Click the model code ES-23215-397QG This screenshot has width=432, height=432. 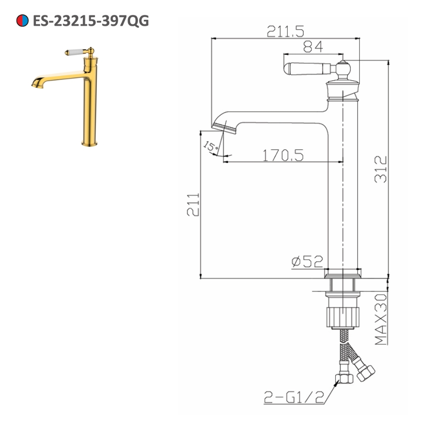point(91,20)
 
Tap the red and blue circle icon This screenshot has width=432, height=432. point(22,20)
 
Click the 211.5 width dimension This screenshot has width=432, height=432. point(286,31)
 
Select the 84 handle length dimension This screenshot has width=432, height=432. point(313,47)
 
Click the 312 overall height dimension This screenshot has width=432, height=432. point(380,170)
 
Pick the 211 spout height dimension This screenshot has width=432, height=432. point(193,205)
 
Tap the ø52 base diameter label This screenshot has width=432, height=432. point(307,261)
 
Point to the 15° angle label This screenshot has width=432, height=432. point(211,147)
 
